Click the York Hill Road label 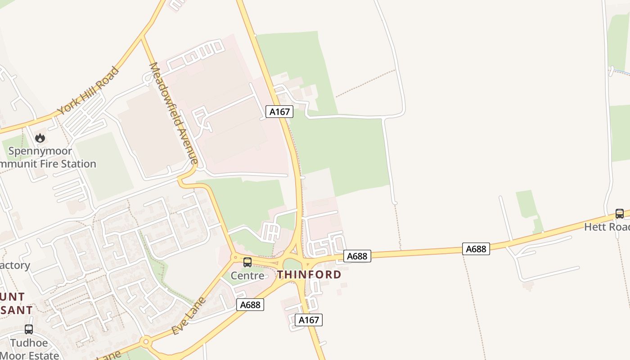click(88, 91)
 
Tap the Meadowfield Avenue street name click(174, 113)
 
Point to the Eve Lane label click(189, 316)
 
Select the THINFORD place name click(309, 274)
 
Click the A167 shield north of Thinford click(279, 112)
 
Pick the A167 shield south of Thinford click(309, 320)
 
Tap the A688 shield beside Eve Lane click(250, 305)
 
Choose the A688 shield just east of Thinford click(357, 256)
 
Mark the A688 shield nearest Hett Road click(476, 249)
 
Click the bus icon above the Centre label click(247, 262)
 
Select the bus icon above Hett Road click(620, 214)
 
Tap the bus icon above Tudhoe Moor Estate click(29, 329)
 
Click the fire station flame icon click(40, 138)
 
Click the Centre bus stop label click(247, 275)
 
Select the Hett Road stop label click(607, 227)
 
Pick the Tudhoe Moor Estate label click(35, 349)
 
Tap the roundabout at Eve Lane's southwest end click(145, 342)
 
